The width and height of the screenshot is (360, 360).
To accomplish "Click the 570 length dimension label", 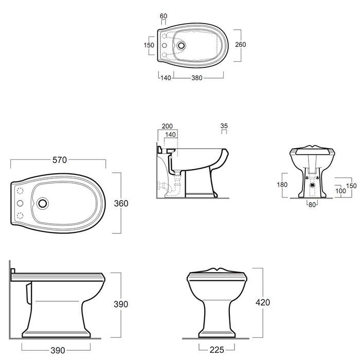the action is (60, 160).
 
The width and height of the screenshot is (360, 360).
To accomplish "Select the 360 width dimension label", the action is (121, 203).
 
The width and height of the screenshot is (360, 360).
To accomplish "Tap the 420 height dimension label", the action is (263, 302).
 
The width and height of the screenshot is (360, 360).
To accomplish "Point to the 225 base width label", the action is (217, 350).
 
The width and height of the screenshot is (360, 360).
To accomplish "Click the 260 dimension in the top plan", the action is (240, 45).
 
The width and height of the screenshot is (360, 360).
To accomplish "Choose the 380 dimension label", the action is (197, 78).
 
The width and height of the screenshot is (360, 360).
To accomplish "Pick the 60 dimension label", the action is (164, 16).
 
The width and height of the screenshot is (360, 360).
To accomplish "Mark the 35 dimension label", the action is (224, 126).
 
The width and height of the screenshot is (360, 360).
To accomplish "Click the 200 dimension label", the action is (167, 126).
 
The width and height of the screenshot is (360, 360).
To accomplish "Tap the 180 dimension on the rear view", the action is (282, 185).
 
